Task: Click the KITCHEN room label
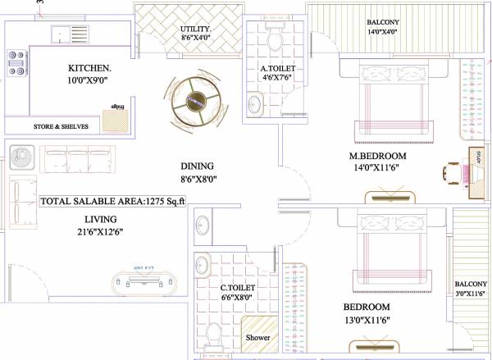[x=89, y=68]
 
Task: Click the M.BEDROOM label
[x=377, y=156]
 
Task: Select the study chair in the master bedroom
[x=453, y=174]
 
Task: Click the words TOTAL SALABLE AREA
[x=90, y=201]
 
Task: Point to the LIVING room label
[x=99, y=219]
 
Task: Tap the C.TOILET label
[x=238, y=288]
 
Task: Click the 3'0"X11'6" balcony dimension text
[x=471, y=294]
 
